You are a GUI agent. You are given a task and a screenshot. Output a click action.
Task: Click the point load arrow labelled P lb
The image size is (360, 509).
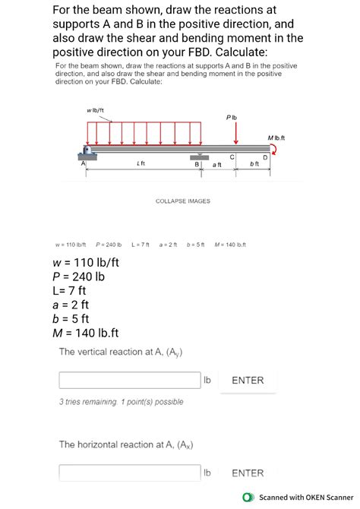tap(236, 133)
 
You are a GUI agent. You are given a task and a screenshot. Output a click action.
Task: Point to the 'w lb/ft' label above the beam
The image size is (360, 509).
tap(96, 112)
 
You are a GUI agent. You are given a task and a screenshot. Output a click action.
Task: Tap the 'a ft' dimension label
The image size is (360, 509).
tap(217, 165)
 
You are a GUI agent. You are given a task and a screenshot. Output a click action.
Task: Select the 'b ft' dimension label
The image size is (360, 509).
tap(254, 165)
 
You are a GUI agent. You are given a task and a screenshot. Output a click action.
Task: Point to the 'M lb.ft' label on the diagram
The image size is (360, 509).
tap(276, 137)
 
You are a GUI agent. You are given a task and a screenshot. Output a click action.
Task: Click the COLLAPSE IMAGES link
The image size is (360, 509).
tap(182, 201)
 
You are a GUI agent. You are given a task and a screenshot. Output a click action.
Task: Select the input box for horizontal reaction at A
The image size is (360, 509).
tap(129, 473)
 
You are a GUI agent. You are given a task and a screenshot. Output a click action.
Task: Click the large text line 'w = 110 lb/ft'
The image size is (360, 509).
tap(85, 264)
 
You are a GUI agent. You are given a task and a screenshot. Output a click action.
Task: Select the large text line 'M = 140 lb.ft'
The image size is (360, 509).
tap(85, 333)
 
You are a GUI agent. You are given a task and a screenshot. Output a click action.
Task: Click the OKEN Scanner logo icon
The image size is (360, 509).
tap(248, 498)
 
